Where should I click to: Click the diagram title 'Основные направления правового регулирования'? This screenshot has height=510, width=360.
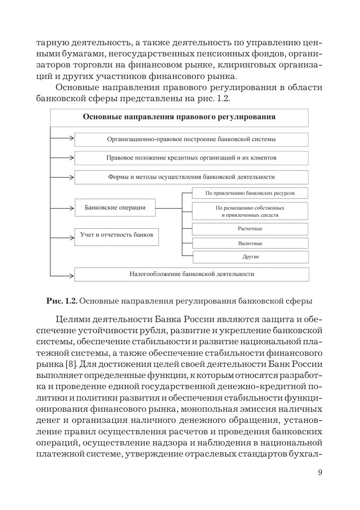(179, 117)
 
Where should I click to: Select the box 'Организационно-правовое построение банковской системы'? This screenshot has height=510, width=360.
(192, 139)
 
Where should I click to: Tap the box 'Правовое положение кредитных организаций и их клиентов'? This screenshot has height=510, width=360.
(192, 158)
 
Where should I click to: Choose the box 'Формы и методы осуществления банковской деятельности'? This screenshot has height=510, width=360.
(192, 177)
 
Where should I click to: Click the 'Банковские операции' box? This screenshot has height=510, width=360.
(115, 208)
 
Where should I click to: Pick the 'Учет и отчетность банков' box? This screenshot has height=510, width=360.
(117, 235)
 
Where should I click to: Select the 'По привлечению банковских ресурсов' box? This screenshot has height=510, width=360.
(250, 192)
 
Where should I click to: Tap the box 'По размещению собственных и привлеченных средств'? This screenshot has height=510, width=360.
(250, 211)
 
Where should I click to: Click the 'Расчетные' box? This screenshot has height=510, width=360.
(250, 229)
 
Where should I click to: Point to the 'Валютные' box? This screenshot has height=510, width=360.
(250, 243)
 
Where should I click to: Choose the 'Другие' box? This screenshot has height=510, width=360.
(250, 257)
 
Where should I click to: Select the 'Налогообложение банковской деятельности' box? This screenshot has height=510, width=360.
(192, 274)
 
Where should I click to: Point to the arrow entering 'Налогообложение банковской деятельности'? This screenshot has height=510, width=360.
(62, 274)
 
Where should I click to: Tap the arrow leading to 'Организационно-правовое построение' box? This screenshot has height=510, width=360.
(62, 139)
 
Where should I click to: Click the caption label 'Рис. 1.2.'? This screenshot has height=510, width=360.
(62, 301)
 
